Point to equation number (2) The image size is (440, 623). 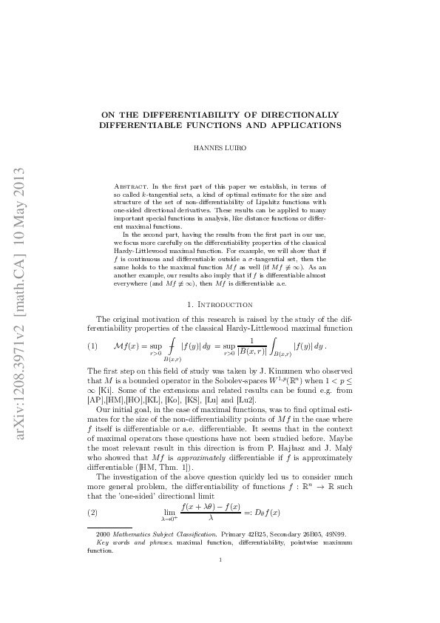pyautogui.click(x=92, y=513)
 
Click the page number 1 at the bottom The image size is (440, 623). pyautogui.click(x=220, y=581)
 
